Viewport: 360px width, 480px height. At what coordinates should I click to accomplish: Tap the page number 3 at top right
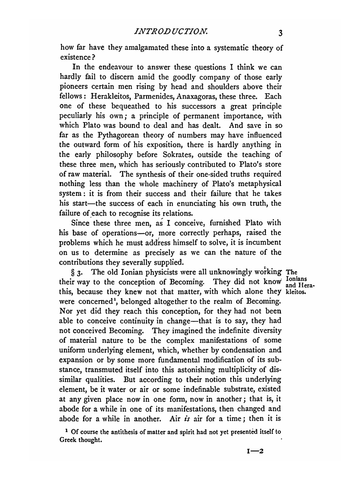[x=280, y=33]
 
